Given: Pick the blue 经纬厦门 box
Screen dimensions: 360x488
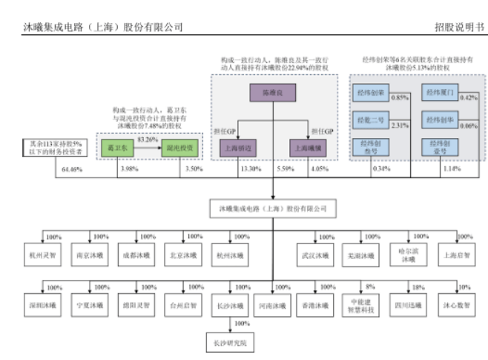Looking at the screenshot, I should (x=439, y=94).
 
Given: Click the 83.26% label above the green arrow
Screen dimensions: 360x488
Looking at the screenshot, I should (x=148, y=139).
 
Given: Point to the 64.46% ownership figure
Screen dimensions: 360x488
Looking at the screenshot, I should (x=72, y=171).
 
